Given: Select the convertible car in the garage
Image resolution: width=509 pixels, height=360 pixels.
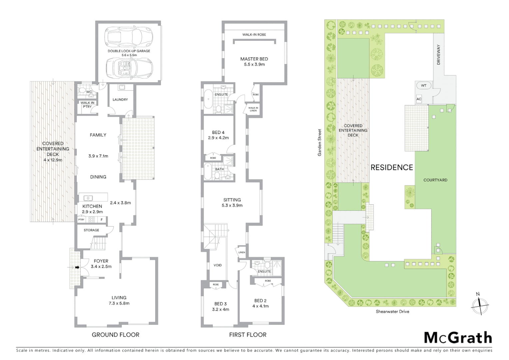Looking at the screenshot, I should point(129,68).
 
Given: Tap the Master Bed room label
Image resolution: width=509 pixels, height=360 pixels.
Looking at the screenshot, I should point(254,59).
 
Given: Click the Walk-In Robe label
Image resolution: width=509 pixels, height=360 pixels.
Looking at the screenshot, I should point(254,35).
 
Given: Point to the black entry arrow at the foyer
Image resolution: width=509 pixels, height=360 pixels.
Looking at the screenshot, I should point(77,267).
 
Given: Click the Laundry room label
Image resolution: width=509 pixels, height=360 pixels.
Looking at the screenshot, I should point(120,100).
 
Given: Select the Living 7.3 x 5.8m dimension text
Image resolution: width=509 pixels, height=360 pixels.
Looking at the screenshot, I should point(119,303).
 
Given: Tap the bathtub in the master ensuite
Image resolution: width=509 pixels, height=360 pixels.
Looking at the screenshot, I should point(208,99).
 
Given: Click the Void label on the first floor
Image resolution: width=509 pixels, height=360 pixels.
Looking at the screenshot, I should point(218,265).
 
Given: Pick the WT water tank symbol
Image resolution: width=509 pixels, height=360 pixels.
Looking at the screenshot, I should point(423,86).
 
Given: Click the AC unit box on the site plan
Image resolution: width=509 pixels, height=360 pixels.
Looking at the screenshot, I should point(419,99).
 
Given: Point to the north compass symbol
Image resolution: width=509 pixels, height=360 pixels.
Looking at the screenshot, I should point(480,305).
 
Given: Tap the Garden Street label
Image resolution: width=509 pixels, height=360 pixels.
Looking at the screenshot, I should point(319,143).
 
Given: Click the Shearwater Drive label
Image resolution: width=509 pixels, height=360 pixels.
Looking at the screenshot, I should point(392,312).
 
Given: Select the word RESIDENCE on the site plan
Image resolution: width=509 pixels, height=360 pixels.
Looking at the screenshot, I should point(392,167).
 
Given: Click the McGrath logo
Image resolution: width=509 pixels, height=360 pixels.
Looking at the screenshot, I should point(458,338).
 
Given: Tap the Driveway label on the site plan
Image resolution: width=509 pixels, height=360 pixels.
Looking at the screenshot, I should point(438,55).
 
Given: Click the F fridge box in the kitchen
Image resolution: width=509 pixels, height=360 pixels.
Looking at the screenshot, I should point(102,220).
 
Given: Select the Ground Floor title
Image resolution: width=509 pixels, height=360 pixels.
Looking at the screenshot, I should point(116,335).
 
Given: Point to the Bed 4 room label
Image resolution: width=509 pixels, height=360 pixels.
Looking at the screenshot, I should point(218,133).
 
